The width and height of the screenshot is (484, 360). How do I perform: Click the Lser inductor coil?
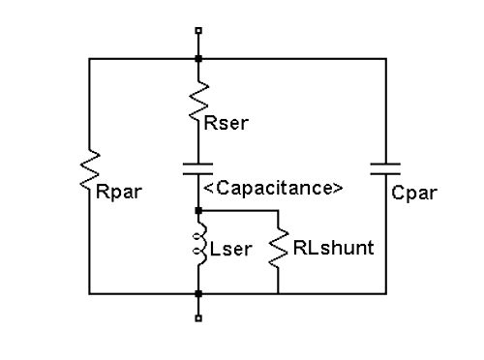coord(198,248)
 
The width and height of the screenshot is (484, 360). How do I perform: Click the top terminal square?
coord(198,32)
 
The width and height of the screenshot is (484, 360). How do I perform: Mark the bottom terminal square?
coord(198,316)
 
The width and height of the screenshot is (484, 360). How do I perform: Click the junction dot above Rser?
coord(198,58)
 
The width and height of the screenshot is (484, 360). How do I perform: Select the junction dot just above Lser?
coord(198,209)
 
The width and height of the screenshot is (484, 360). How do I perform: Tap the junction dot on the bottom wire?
coord(198,292)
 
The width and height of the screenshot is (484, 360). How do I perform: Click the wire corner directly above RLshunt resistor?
coord(278,209)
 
